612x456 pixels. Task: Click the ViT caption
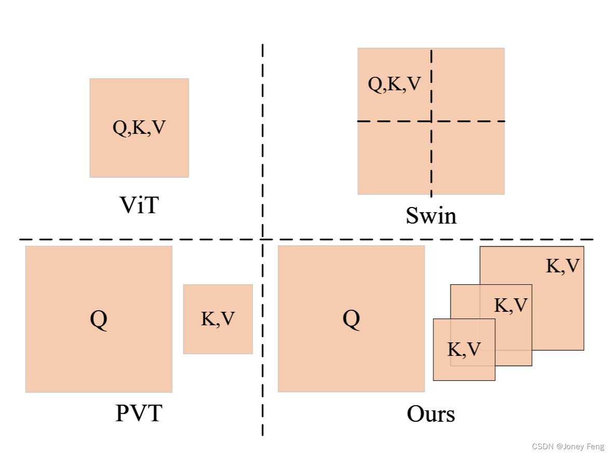(x=139, y=205)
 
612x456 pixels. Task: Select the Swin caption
(x=431, y=215)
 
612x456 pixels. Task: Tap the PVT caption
(x=139, y=413)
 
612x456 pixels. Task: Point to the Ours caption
(x=431, y=414)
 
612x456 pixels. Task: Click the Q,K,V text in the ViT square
(x=139, y=128)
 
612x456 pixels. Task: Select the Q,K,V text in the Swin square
(x=394, y=84)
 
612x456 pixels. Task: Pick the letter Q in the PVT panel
(x=99, y=319)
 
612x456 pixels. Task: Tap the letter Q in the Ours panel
(x=351, y=319)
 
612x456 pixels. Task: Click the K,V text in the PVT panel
(x=218, y=319)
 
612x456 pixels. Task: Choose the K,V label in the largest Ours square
(x=563, y=266)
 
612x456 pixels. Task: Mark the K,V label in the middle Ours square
(x=511, y=306)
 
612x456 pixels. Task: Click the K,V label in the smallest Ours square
(x=464, y=350)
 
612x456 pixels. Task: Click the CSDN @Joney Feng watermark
(x=568, y=446)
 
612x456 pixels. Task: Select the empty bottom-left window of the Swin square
(x=394, y=158)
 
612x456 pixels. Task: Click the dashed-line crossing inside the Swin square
(x=431, y=121)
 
